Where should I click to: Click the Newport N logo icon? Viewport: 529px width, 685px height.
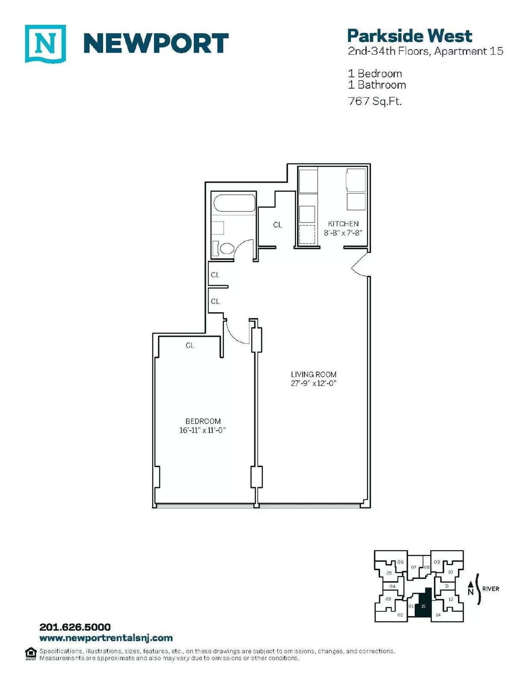pyautogui.click(x=45, y=44)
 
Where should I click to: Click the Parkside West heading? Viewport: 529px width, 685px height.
pyautogui.click(x=410, y=36)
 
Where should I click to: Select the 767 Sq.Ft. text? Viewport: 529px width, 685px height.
pyautogui.click(x=374, y=101)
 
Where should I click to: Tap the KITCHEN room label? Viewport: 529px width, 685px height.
pyautogui.click(x=343, y=224)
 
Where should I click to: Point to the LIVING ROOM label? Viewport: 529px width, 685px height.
pyautogui.click(x=313, y=375)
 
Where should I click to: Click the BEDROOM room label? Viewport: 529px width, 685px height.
pyautogui.click(x=203, y=421)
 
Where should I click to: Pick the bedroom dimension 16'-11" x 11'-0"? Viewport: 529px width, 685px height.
pyautogui.click(x=203, y=430)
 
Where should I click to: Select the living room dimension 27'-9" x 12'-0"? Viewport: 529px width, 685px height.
pyautogui.click(x=313, y=383)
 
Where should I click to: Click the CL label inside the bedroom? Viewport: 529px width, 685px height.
pyautogui.click(x=190, y=345)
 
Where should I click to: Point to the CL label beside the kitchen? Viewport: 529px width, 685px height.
pyautogui.click(x=278, y=225)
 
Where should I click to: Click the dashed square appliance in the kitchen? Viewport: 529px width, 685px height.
pyautogui.click(x=307, y=235)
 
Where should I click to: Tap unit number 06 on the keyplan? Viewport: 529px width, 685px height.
pyautogui.click(x=400, y=562)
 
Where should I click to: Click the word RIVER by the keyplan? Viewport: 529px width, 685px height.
pyautogui.click(x=490, y=589)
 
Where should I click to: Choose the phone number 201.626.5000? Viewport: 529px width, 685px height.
pyautogui.click(x=75, y=627)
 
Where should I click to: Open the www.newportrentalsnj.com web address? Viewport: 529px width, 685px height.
pyautogui.click(x=106, y=638)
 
